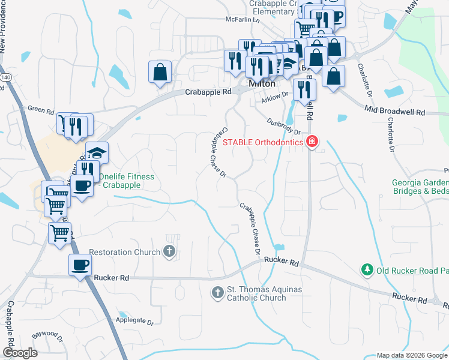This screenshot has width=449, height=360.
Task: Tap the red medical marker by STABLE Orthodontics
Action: [x=312, y=142]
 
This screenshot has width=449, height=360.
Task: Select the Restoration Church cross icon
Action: [x=170, y=252]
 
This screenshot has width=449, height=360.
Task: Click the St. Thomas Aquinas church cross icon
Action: [x=218, y=293]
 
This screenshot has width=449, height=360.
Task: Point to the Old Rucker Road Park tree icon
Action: [x=367, y=271]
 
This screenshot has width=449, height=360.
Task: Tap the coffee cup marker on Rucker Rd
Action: [x=80, y=265]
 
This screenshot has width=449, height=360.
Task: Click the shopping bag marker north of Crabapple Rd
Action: [x=160, y=73]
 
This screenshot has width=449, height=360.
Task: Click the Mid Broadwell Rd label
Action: [x=394, y=112]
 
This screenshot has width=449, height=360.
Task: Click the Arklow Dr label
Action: [x=275, y=102]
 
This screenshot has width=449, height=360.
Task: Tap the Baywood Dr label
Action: [x=46, y=334]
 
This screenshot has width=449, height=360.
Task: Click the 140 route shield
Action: [x=5, y=77]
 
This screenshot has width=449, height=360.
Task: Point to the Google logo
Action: [x=20, y=353]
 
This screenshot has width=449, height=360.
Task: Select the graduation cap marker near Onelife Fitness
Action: [x=97, y=152]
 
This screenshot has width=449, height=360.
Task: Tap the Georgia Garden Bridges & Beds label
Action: [x=420, y=187]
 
